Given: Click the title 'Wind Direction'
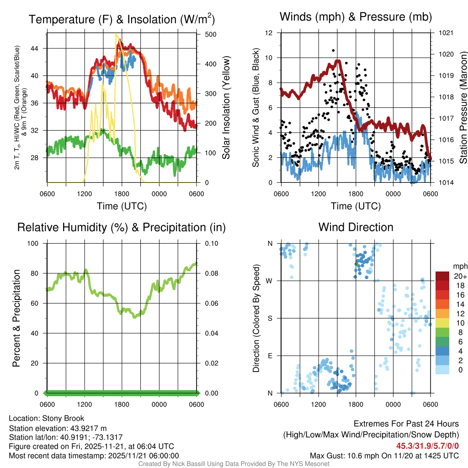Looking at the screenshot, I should [356, 227].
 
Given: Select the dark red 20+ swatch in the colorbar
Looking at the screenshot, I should [442, 276].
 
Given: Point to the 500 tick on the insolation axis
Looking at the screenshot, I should [212, 34].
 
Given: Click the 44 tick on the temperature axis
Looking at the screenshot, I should [39, 48].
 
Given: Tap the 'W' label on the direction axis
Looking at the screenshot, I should [270, 280].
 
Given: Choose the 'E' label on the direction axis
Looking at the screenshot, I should [271, 355].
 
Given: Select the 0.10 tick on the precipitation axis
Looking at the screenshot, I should [212, 244].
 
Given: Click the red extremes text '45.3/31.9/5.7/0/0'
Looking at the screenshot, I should [427, 446].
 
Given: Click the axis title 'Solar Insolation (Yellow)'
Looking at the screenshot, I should [226, 107].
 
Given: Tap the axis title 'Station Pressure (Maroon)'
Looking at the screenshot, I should [463, 107].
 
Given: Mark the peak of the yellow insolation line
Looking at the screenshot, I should [117, 34].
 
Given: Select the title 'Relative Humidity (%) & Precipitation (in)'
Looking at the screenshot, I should [121, 227].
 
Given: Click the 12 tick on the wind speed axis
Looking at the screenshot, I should [269, 33].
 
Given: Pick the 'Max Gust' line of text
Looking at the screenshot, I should [384, 455].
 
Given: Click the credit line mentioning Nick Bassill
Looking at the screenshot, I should [234, 464].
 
